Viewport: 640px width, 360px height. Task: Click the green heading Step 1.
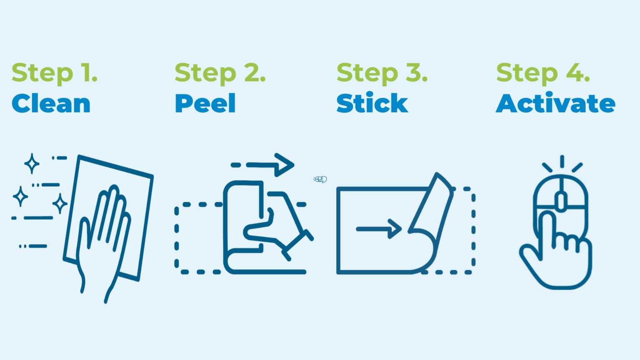point(55,74)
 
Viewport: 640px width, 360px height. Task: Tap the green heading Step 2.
point(220,74)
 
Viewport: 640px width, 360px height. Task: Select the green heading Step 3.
point(382,74)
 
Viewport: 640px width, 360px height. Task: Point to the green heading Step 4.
point(543,74)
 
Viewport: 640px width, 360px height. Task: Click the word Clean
point(51,103)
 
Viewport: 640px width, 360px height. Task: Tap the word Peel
point(205,103)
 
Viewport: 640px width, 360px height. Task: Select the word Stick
point(372,102)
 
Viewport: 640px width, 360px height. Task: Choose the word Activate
point(555,102)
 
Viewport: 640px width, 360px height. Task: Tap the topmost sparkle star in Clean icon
point(32,163)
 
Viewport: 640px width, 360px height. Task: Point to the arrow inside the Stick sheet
point(379,229)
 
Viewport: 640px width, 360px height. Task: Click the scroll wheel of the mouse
point(561,202)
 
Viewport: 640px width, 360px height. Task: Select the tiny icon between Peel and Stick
point(320,180)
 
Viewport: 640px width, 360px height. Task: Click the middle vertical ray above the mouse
point(562,161)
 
